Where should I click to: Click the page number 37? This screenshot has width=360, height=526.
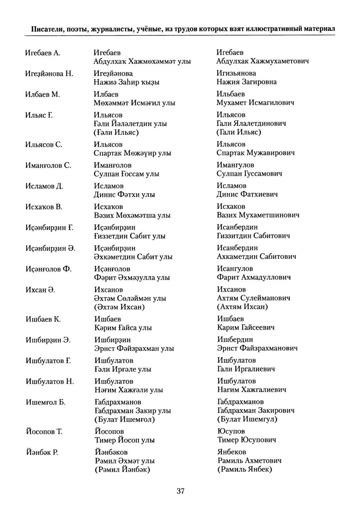pos(180,491)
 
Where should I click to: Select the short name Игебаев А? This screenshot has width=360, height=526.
pos(42,53)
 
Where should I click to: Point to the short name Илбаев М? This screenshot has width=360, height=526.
pos(42,94)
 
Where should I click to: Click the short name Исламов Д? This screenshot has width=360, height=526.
pos(44,186)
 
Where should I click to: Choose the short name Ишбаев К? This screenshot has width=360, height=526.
pos(43,319)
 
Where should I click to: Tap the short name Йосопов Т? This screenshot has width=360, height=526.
pos(44,432)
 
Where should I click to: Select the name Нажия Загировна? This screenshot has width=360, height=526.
pos(247,82)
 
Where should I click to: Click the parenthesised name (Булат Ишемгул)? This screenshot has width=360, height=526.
pos(247,419)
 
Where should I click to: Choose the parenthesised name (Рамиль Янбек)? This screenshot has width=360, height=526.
pos(245,469)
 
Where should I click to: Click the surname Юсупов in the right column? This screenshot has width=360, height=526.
pos(231,431)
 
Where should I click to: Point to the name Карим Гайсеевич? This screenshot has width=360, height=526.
pos(246,328)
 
